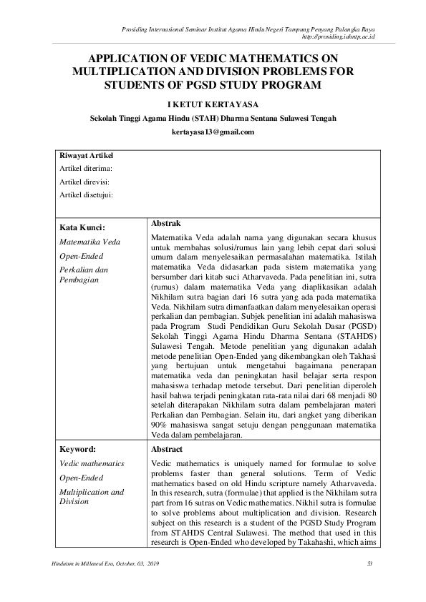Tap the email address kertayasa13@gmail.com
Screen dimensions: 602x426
click(x=213, y=132)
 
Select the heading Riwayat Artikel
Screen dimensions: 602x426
click(x=86, y=156)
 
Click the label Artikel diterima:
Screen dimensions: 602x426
click(x=87, y=169)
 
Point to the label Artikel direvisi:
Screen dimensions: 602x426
click(x=86, y=182)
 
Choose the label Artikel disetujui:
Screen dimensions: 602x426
click(x=87, y=194)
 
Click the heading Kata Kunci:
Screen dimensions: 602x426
click(x=83, y=228)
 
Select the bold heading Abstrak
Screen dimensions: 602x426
click(x=166, y=224)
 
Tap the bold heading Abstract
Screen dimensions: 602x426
click(x=168, y=449)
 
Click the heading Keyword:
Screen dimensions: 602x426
click(x=78, y=450)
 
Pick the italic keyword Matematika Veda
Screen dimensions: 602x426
click(x=89, y=242)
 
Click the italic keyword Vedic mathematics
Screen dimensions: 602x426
click(x=92, y=463)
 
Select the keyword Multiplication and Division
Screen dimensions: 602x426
click(x=92, y=496)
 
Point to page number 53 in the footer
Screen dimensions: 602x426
click(x=369, y=565)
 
